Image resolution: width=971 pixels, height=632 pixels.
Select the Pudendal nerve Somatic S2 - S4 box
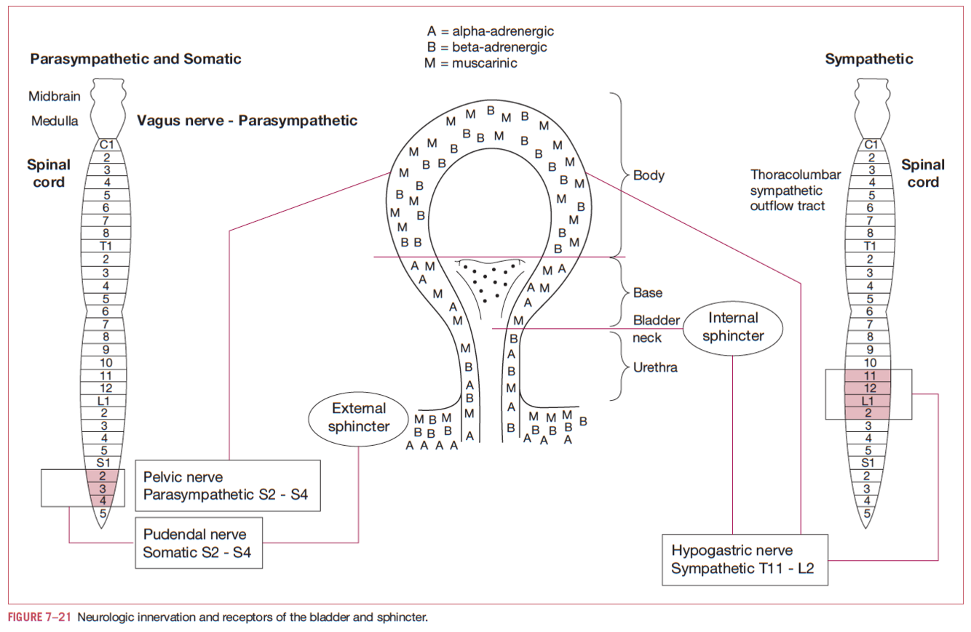coord(199,543)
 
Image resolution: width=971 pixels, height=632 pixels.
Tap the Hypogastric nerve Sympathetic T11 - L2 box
coord(745,559)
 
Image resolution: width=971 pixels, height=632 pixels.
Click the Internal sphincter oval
coord(733,327)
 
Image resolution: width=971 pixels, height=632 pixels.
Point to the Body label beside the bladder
coord(649,175)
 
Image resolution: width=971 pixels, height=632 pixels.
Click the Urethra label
coord(655,367)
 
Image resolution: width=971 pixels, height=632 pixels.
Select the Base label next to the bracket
coord(648,292)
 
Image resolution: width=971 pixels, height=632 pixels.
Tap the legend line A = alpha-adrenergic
coord(491,31)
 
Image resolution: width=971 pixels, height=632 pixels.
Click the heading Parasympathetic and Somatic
coord(135,59)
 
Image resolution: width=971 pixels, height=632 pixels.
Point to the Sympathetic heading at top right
coord(868,59)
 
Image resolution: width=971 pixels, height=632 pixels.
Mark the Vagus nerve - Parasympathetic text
coord(247,121)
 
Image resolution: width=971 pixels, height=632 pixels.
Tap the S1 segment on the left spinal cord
coord(103,462)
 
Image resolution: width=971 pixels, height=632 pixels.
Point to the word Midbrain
coord(54,96)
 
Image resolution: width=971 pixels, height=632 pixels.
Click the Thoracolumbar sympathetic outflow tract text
coord(795,191)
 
